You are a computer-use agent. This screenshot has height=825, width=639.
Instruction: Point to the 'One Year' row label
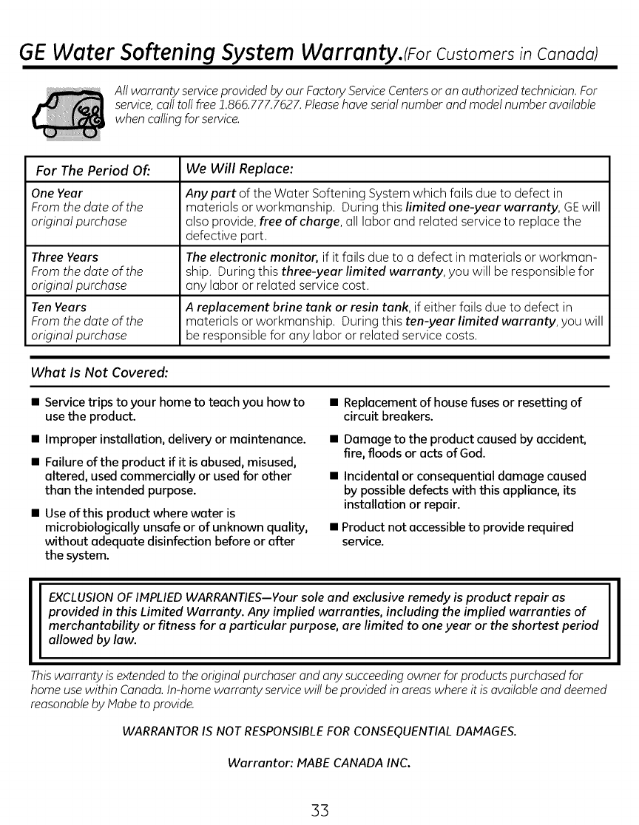click(x=57, y=194)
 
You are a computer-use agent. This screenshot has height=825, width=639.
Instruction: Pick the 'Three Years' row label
click(x=65, y=257)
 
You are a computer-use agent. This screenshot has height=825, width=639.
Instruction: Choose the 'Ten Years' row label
click(x=59, y=307)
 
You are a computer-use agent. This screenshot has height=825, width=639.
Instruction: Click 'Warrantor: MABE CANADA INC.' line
click(x=319, y=761)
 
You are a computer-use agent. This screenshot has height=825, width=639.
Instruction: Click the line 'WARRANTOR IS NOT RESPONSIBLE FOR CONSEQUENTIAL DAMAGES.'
click(x=319, y=732)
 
